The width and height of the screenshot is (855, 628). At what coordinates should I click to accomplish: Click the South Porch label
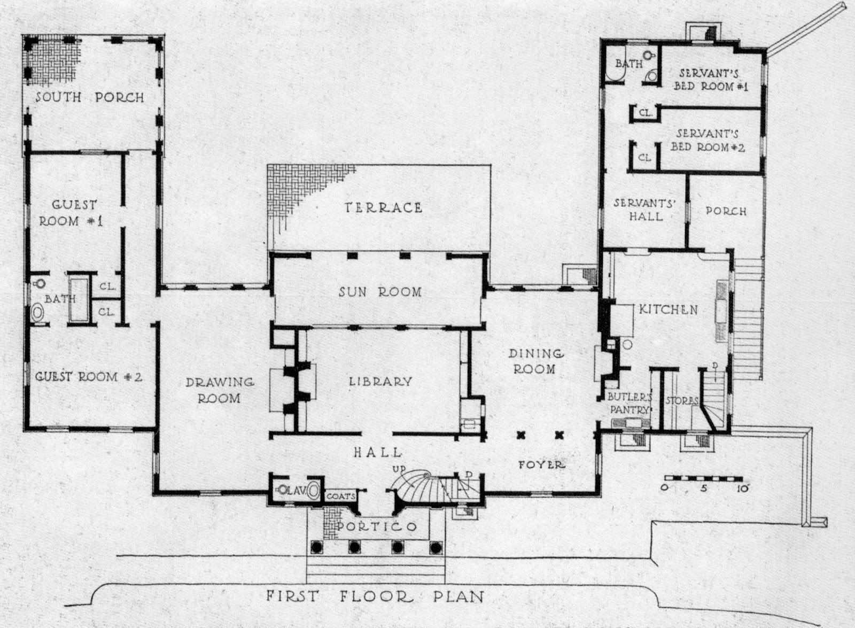click(x=90, y=97)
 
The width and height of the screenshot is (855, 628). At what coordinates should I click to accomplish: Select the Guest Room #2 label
click(x=89, y=377)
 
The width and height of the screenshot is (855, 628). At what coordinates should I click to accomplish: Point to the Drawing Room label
click(x=219, y=390)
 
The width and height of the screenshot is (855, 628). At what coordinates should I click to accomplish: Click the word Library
click(x=380, y=382)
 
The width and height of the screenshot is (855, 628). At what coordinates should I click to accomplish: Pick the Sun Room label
click(x=380, y=292)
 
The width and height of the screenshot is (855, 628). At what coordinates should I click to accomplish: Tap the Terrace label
click(x=383, y=207)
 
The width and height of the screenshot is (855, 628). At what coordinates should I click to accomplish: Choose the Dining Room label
click(x=535, y=361)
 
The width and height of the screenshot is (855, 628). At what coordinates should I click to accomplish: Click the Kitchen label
click(x=668, y=309)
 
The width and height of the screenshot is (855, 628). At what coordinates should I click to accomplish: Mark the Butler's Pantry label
click(x=629, y=404)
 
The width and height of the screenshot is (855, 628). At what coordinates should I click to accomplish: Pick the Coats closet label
click(x=340, y=496)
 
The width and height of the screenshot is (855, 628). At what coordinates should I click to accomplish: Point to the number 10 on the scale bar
click(x=742, y=488)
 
